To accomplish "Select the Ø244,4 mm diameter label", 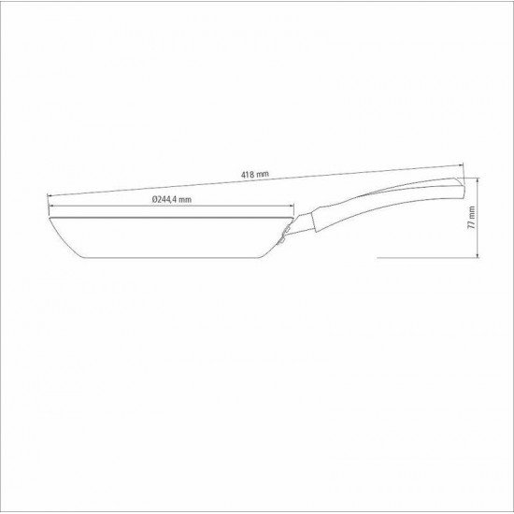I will (x=173, y=200).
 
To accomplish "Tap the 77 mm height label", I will (x=475, y=219).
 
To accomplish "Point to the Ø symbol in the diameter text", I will (x=152, y=200).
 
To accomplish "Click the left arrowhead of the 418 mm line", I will (x=49, y=193).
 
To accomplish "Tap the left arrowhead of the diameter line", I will (x=50, y=207).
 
